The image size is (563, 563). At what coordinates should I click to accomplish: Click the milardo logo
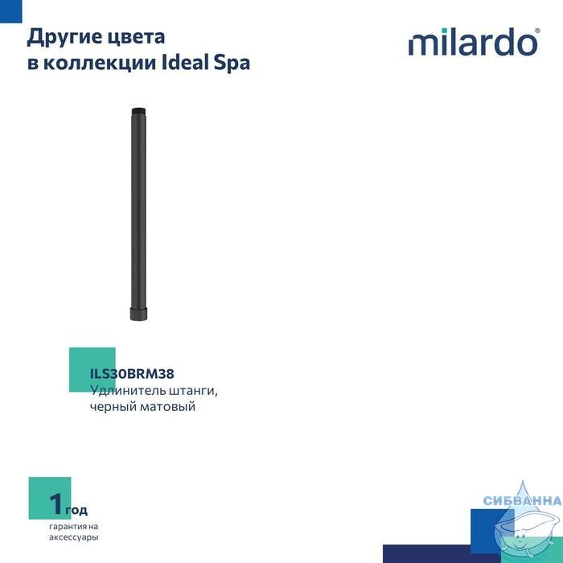coord(474,42)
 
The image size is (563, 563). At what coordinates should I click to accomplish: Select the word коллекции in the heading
coord(101,64)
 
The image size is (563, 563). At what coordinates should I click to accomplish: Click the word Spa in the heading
coord(232,64)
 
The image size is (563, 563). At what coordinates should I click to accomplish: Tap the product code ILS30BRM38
coord(132,374)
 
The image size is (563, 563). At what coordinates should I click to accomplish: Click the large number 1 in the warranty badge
coord(56,503)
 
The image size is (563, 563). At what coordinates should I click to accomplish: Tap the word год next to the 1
coord(76,510)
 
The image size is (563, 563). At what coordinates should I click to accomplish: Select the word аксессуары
coord(74,537)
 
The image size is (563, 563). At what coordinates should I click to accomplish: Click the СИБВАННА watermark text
coord(523,500)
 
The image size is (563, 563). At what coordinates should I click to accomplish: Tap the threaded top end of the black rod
coord(138,111)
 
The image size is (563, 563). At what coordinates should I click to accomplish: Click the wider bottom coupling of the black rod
coord(138,314)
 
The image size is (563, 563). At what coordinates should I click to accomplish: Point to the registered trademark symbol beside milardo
coord(537,31)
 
